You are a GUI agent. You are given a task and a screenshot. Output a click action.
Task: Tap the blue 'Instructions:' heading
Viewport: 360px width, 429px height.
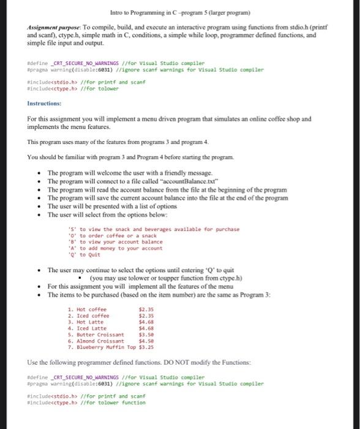pos(44,104)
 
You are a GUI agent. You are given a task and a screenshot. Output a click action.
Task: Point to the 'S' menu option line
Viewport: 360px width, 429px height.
pos(153,229)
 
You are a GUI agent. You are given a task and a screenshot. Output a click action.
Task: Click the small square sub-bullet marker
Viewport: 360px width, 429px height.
pos(80,278)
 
